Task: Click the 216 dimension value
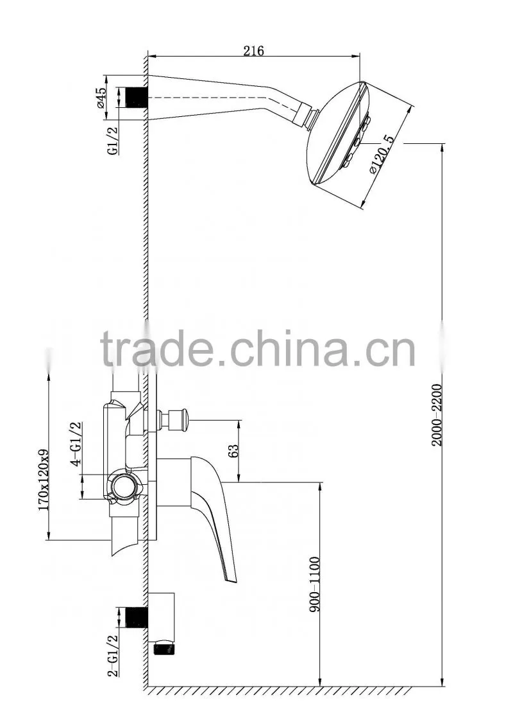tap(253, 51)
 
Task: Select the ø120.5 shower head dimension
tap(382, 155)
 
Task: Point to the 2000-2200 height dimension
tap(437, 415)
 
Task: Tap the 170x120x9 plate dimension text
tap(44, 480)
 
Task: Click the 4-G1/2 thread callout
tap(76, 442)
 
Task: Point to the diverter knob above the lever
tap(176, 419)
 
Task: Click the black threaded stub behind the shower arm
tap(137, 98)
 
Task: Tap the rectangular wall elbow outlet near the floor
tap(161, 616)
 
